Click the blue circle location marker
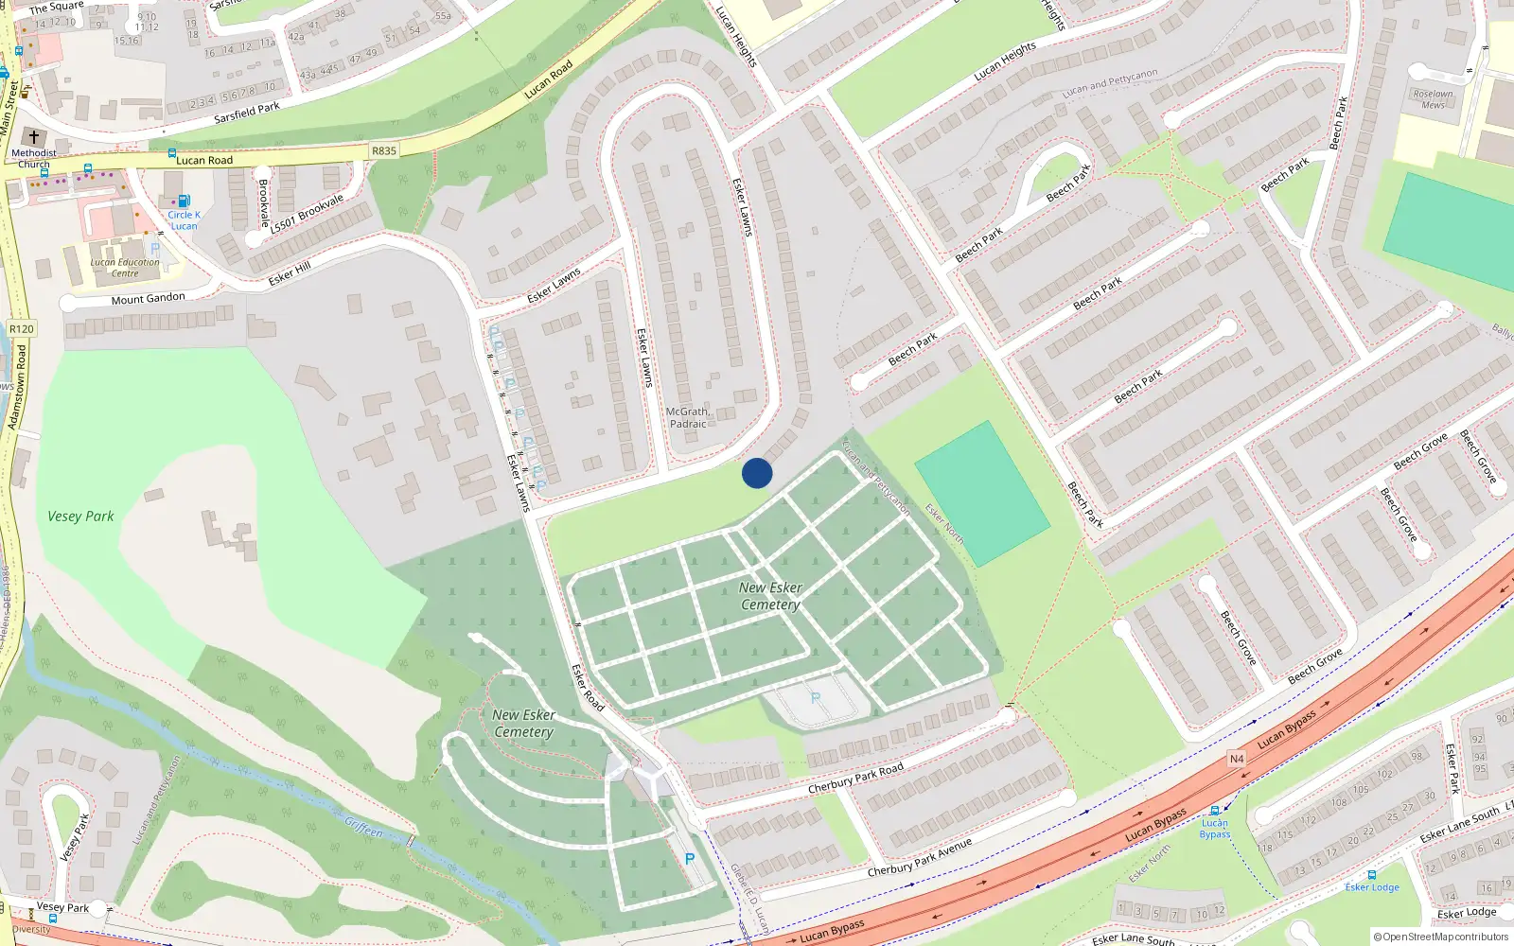757,473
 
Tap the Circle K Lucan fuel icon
184,201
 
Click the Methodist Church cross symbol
34,137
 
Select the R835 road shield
384,151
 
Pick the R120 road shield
21,329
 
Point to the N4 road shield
1237,759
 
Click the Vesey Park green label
80,517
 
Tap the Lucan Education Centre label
125,268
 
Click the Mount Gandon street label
149,299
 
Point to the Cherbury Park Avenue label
919,857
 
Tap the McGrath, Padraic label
688,418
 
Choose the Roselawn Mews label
1433,99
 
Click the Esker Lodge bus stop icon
1372,875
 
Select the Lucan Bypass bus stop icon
1215,811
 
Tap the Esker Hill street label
289,273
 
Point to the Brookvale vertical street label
263,203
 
